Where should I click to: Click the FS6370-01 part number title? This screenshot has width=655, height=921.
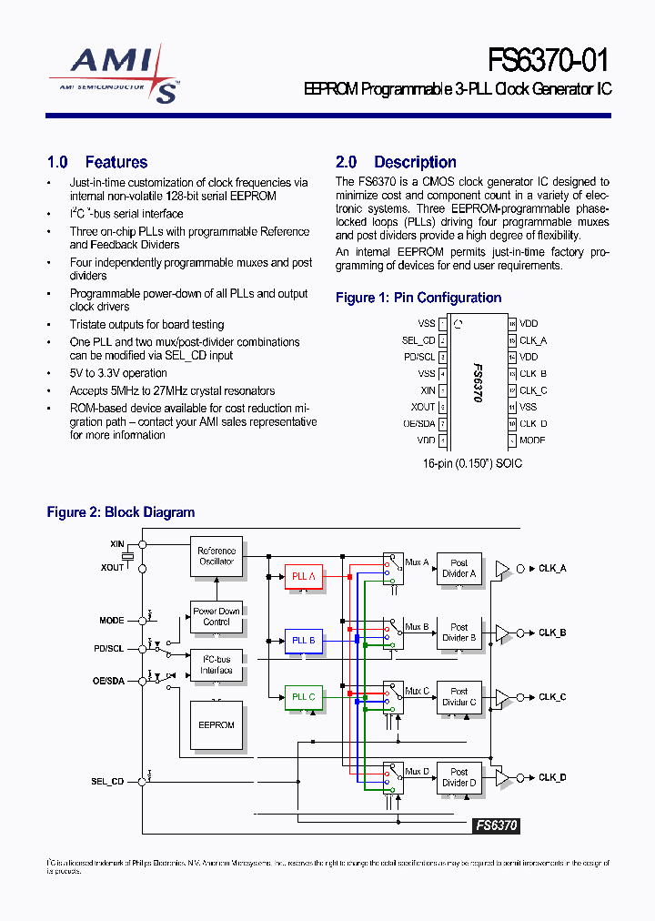tap(549, 60)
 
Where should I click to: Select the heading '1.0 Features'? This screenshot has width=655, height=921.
tap(97, 162)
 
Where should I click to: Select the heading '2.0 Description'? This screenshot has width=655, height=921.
tap(396, 162)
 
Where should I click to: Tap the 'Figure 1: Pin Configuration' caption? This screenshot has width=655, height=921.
tap(418, 298)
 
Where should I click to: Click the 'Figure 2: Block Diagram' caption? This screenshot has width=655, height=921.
tap(121, 512)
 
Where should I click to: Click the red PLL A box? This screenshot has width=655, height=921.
tap(303, 576)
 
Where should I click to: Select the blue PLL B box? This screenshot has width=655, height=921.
tap(303, 641)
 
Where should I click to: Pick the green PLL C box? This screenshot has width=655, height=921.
tap(303, 697)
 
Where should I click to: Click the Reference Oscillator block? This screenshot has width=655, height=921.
tap(217, 556)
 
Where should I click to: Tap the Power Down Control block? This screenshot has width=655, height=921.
tap(217, 616)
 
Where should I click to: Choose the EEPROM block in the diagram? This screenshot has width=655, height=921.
tap(217, 725)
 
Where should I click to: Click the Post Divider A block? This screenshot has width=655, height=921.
tap(459, 568)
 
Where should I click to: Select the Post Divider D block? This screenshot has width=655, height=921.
tap(459, 777)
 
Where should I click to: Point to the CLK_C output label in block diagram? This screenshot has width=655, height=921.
tap(552, 697)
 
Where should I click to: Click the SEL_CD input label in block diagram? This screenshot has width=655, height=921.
tap(107, 781)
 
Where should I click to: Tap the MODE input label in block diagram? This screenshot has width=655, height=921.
tap(112, 620)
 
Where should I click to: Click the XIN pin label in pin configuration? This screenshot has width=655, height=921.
tap(427, 390)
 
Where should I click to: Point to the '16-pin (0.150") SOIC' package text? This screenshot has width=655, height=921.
tap(472, 463)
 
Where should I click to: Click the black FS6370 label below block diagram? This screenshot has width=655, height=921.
tap(497, 825)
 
